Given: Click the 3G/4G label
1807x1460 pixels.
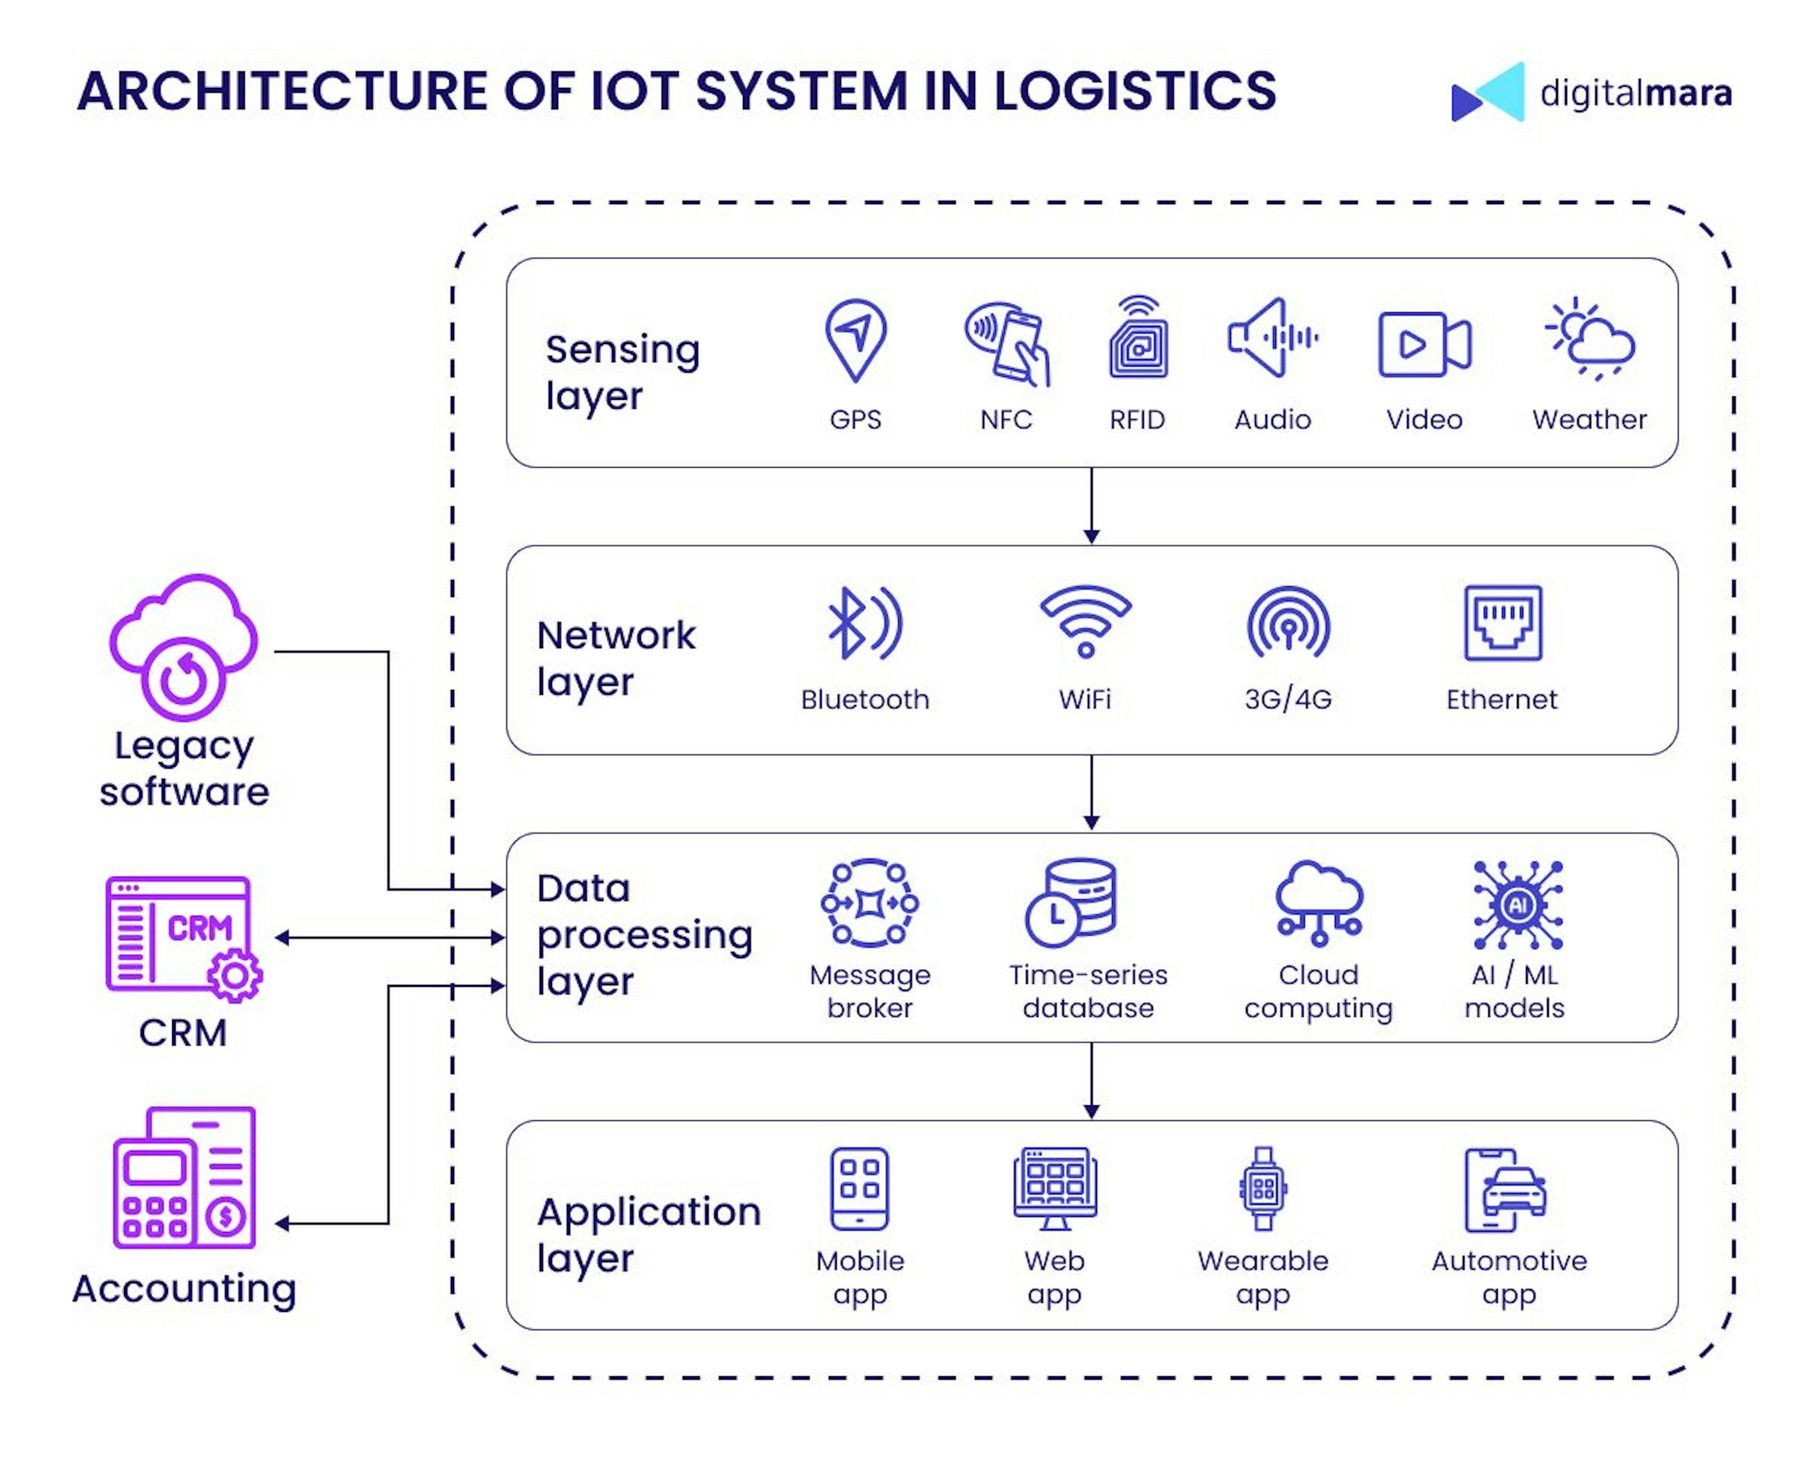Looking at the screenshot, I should pyautogui.click(x=1288, y=699).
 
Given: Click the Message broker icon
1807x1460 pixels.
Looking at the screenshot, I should pyautogui.click(x=869, y=903).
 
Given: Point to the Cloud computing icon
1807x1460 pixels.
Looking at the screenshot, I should pyautogui.click(x=1318, y=903).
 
